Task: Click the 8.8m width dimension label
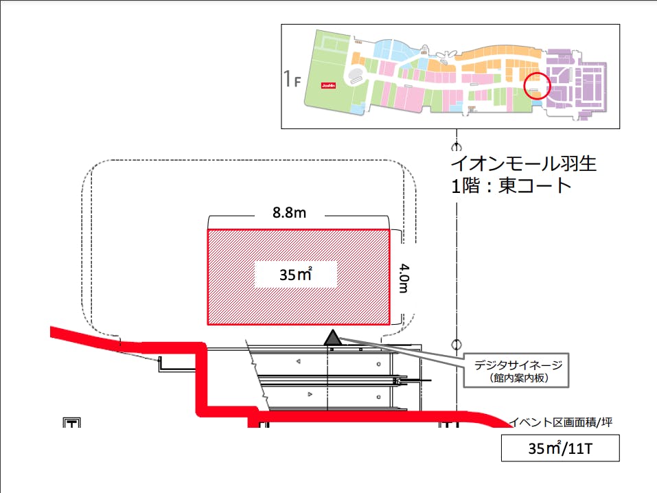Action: tap(290, 214)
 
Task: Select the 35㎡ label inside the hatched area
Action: tap(295, 275)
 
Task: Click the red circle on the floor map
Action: tap(537, 86)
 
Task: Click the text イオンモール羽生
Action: tap(523, 164)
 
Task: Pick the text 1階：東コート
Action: tap(511, 186)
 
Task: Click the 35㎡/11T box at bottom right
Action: tap(560, 448)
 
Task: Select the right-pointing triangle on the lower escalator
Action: tap(310, 393)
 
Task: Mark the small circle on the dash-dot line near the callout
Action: tap(455, 344)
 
